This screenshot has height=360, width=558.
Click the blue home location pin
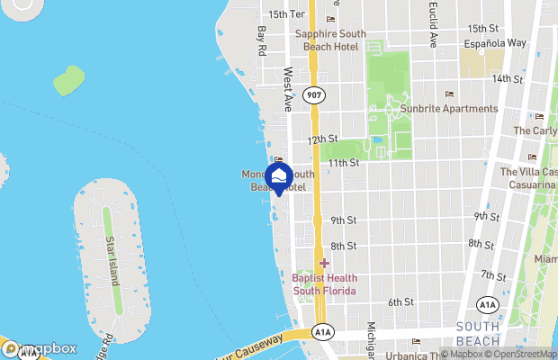280,176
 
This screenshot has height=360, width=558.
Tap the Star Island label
112,261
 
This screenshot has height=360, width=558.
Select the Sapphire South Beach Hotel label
328,40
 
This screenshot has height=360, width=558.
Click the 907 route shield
313,95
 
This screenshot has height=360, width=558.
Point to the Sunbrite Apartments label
449,109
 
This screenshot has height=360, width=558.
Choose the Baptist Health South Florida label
324,284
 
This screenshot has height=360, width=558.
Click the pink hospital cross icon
324,263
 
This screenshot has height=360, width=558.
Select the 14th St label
508,78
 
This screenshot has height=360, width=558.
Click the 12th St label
321,139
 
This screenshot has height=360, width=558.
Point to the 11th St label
343,163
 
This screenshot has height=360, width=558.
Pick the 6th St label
400,301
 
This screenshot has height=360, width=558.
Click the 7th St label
493,274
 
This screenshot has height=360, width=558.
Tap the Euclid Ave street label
433,28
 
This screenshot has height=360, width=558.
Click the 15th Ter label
287,14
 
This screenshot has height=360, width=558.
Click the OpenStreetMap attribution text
517,353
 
